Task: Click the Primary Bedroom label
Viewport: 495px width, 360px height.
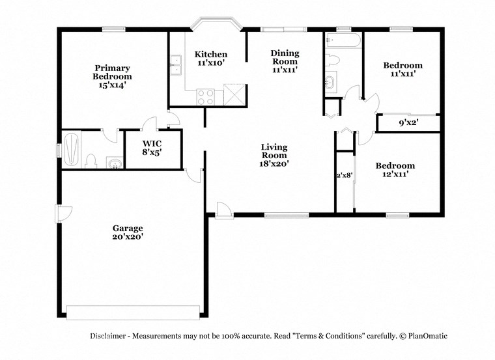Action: (112, 76)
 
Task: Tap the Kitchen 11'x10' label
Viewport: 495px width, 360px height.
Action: (212, 59)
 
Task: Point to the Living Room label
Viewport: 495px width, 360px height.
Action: (274, 156)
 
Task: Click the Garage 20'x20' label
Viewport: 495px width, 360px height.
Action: (128, 232)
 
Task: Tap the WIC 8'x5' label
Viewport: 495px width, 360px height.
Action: (152, 146)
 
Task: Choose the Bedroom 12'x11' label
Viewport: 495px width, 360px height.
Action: (395, 170)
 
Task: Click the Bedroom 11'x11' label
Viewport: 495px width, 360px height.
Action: (402, 69)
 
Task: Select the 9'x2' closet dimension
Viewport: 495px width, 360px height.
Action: (408, 122)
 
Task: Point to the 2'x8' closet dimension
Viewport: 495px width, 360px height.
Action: (344, 175)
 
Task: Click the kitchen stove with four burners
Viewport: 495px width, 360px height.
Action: (206, 96)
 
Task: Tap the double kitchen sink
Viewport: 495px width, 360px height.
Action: (176, 63)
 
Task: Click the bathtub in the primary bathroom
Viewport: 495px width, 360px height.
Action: (72, 149)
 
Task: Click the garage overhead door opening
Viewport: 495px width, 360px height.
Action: (134, 312)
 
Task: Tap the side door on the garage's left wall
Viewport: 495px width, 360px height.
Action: (63, 214)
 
